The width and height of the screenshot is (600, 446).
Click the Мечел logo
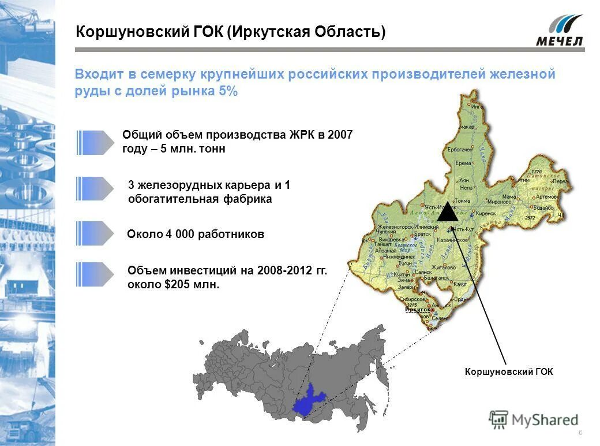[x=558, y=31]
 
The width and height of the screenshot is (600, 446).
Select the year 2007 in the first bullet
[x=339, y=135]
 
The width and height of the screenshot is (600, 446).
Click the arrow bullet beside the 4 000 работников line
[x=95, y=233]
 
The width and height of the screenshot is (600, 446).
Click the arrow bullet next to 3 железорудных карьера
[x=95, y=188]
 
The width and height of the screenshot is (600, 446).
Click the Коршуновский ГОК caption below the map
[x=508, y=372]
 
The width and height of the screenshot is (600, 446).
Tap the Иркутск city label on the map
[x=417, y=310]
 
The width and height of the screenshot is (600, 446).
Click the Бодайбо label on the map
[x=543, y=207]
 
